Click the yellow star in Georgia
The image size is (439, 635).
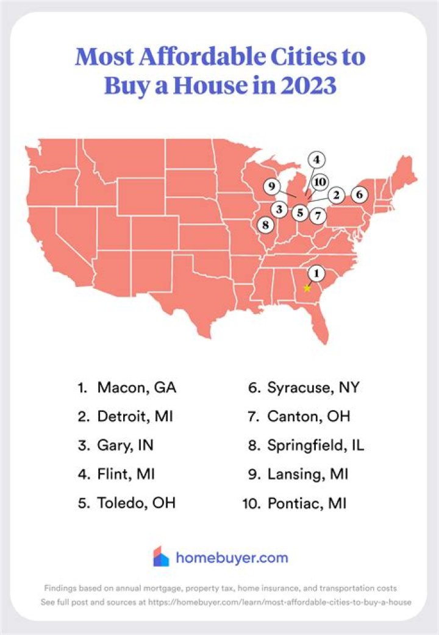(x=307, y=288)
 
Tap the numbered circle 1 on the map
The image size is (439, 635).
(x=316, y=274)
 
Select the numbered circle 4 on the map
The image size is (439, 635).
(x=316, y=160)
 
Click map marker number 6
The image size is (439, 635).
(x=360, y=195)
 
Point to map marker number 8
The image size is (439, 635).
(x=265, y=224)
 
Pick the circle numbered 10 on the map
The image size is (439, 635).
(x=320, y=182)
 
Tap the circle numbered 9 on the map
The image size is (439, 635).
(x=273, y=186)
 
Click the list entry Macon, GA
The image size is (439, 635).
(x=130, y=388)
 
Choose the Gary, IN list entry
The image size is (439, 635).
(x=125, y=445)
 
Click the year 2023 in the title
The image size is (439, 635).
(x=304, y=85)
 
